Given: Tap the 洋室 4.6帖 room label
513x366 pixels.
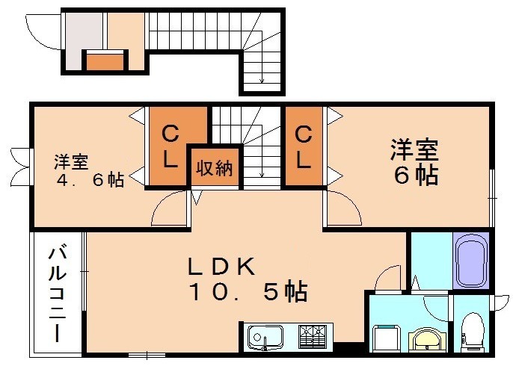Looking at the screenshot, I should pos(88,170).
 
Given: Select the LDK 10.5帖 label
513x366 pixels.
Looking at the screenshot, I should pos(247,278).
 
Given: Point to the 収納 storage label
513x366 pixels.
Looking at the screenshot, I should pos(214,167).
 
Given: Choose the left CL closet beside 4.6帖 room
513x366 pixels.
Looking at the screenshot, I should pos(171,146).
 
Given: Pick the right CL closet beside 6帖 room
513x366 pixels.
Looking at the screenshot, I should pos(303,146).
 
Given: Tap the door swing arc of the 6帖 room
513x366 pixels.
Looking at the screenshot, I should pos(340,207).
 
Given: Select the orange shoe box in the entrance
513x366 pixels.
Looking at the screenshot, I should pos(104,60).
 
